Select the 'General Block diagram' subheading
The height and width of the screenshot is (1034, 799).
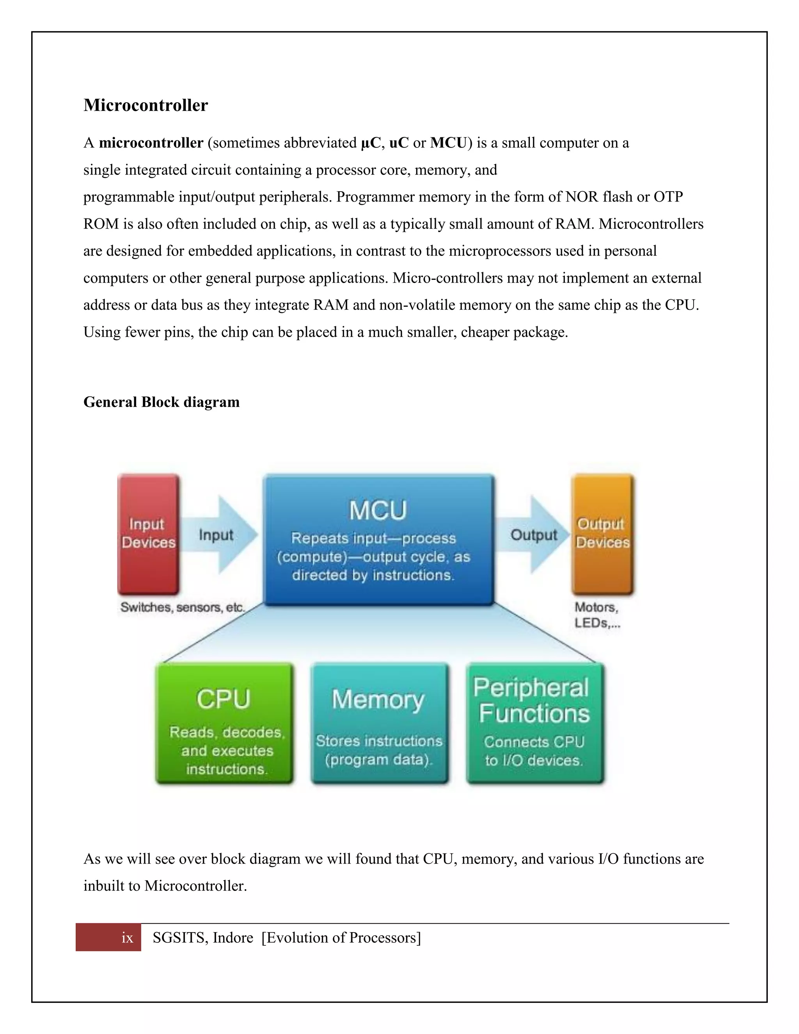(162, 402)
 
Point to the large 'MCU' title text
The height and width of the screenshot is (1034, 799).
(378, 511)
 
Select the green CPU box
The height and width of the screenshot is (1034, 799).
(224, 723)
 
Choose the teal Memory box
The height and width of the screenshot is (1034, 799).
(379, 723)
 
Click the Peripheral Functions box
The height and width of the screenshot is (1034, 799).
(535, 723)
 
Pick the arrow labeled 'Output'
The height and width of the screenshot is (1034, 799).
(533, 535)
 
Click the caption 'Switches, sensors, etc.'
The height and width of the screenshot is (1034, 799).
(182, 608)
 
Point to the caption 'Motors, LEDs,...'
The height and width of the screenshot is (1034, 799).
(597, 615)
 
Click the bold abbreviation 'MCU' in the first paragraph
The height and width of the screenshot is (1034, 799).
(448, 143)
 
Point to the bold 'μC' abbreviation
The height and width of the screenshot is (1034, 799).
(371, 143)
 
